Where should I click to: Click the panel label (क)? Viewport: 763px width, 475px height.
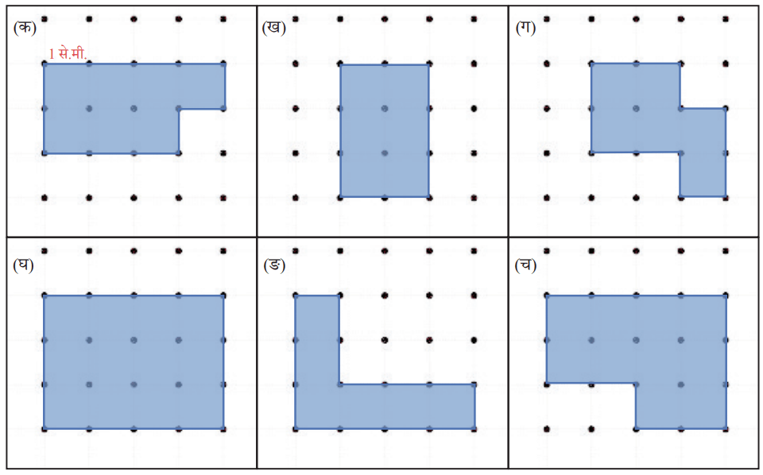pyautogui.click(x=25, y=27)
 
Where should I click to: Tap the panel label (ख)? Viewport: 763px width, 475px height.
pyautogui.click(x=274, y=27)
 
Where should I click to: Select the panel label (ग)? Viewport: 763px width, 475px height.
pyautogui.click(x=525, y=27)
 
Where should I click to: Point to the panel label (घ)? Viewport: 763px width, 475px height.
pyautogui.click(x=23, y=265)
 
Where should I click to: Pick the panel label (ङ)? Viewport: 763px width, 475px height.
pyautogui.click(x=274, y=265)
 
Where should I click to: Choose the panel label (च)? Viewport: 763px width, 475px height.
pyautogui.click(x=525, y=265)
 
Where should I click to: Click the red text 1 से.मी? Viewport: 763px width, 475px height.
pyautogui.click(x=68, y=53)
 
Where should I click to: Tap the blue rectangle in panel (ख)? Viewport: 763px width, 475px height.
pyautogui.click(x=385, y=130)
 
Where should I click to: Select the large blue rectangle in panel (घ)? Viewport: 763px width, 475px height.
pyautogui.click(x=134, y=362)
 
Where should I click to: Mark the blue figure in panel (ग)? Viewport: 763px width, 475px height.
pyautogui.click(x=636, y=108)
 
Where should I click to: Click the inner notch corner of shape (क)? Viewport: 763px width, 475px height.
pyautogui.click(x=179, y=109)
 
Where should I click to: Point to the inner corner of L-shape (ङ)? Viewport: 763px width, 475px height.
pyautogui.click(x=339, y=384)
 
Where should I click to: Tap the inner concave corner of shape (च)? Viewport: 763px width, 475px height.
pyautogui.click(x=636, y=383)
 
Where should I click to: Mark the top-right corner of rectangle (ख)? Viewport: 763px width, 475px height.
pyautogui.click(x=428, y=64)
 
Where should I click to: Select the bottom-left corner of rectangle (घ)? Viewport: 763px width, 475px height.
pyautogui.click(x=45, y=429)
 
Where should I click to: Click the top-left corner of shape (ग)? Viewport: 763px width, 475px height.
pyautogui.click(x=591, y=64)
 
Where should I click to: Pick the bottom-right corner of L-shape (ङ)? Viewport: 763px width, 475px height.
pyautogui.click(x=475, y=429)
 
